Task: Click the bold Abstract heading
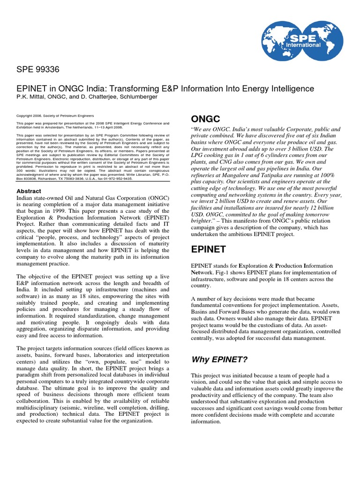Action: [x=29, y=191]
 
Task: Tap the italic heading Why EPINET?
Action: [x=218, y=360]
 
